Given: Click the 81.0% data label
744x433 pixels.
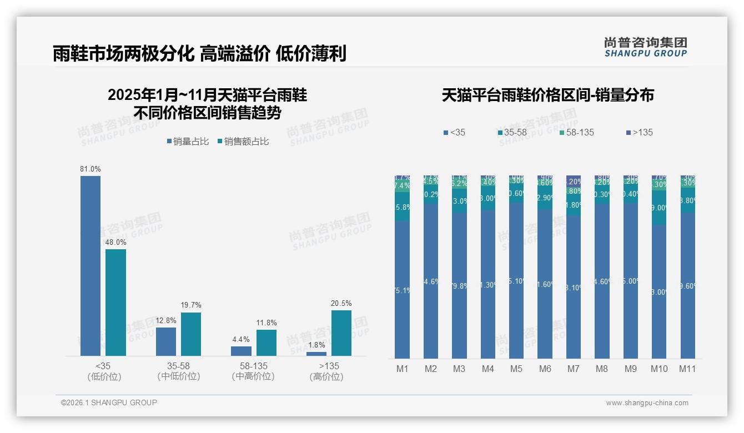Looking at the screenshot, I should [91, 169].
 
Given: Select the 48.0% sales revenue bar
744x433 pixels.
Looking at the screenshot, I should [116, 302].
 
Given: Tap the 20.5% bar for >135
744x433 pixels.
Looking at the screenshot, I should [341, 333].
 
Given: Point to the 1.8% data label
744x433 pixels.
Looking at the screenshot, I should [316, 345].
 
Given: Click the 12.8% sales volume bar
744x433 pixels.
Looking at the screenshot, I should [166, 341].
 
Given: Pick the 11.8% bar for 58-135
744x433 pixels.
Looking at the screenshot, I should [267, 343].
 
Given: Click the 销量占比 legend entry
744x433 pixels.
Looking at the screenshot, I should [188, 142].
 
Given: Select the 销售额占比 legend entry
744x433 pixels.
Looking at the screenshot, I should [243, 142].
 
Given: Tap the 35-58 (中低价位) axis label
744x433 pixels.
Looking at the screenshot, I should [179, 371].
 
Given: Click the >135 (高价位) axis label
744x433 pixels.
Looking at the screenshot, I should [329, 371].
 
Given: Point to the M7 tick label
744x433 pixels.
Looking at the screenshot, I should [574, 369].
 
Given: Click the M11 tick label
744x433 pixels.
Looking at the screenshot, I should [687, 369].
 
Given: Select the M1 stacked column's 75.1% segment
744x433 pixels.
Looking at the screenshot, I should [403, 290].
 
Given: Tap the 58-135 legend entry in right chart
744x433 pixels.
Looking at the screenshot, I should [576, 132].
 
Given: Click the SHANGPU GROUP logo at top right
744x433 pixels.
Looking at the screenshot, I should [645, 47].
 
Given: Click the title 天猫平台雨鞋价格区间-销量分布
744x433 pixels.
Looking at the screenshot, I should [547, 95].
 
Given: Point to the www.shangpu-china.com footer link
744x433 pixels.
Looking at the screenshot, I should [647, 403].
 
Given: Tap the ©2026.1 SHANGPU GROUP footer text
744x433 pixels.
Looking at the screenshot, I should [109, 402].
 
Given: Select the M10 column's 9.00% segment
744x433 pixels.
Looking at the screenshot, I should [659, 208].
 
